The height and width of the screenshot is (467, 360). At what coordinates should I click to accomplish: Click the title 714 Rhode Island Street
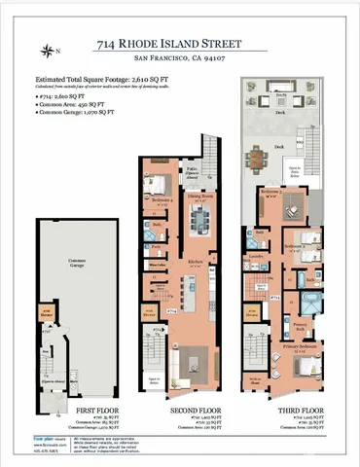181,44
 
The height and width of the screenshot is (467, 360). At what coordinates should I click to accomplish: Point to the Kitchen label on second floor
194,263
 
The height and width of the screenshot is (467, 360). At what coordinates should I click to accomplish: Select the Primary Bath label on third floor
303,324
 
